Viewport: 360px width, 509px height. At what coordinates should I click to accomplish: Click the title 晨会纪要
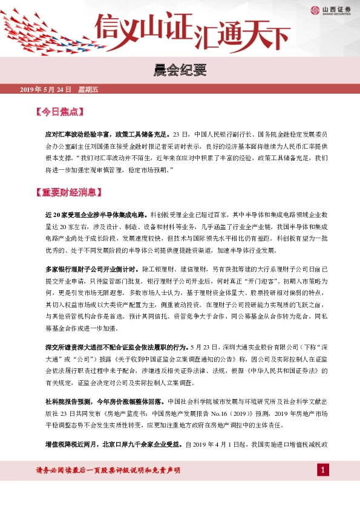pos(180,69)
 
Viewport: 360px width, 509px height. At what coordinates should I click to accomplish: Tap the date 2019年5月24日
pos(46,89)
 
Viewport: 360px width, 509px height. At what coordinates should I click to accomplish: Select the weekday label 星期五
pos(88,89)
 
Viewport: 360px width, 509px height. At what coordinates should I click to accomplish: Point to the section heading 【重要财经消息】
pos(71,193)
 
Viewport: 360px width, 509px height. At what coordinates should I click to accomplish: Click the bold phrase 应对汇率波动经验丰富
pos(79,133)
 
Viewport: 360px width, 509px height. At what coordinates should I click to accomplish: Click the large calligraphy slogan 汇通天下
pos(242,35)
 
